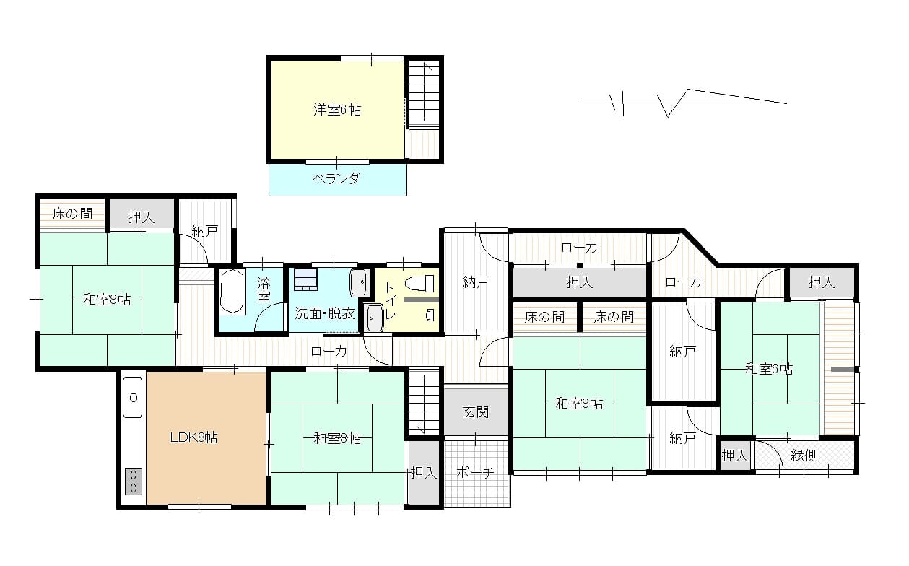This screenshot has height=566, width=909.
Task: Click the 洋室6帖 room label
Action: point(337,110)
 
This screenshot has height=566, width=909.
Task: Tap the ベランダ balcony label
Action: point(336,178)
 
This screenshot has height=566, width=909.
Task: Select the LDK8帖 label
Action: point(193,437)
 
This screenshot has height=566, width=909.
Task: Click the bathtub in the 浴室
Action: point(232,292)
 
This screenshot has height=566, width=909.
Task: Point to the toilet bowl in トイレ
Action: point(419,283)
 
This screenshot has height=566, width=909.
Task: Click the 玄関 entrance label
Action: point(476,413)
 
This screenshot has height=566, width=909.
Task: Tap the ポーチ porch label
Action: point(475,473)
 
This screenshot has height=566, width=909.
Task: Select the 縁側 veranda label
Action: point(804,456)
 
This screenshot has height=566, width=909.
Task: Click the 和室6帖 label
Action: point(769,369)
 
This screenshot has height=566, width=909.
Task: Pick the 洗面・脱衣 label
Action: point(324,313)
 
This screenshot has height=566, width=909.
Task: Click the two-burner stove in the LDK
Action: point(134,481)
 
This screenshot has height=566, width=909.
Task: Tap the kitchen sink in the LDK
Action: point(133,398)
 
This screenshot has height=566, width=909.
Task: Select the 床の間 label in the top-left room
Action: point(73,214)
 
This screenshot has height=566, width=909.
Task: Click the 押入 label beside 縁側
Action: point(735,456)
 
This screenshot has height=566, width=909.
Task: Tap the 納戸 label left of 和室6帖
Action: point(683,352)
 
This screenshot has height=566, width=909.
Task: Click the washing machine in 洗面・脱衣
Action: point(305,279)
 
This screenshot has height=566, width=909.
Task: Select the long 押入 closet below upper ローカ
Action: point(580,282)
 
